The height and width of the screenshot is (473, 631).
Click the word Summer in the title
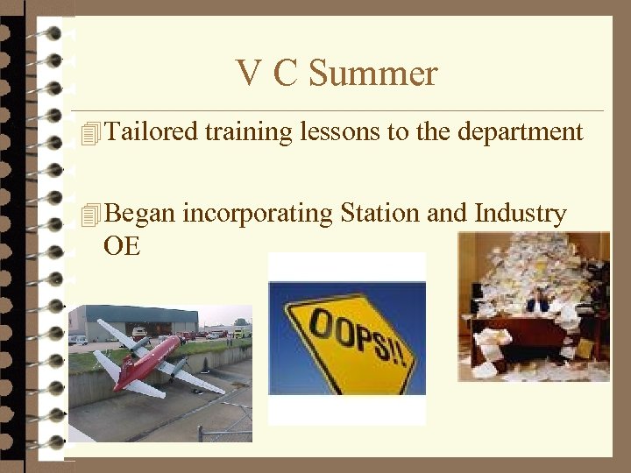pyautogui.click(x=373, y=74)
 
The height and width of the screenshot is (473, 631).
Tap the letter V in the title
pyautogui.click(x=248, y=74)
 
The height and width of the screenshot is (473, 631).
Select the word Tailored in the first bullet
pyautogui.click(x=151, y=132)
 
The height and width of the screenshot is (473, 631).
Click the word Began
pyautogui.click(x=140, y=214)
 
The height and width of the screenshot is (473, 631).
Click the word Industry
pyautogui.click(x=520, y=215)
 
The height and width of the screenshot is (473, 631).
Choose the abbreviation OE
pyautogui.click(x=121, y=246)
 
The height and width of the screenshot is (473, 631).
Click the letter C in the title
pyautogui.click(x=286, y=74)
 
